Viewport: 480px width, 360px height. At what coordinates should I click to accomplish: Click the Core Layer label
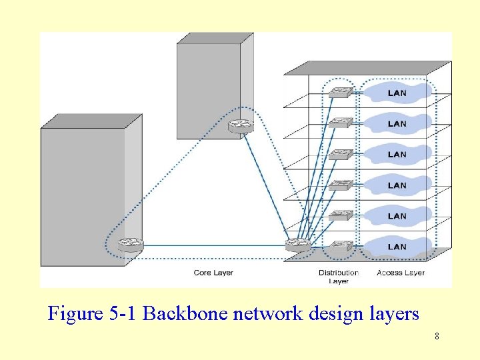[213, 273]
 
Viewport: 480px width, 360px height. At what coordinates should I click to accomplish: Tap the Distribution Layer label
[339, 277]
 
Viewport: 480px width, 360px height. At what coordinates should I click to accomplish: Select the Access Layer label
[400, 273]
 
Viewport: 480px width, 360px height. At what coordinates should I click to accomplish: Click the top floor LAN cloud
[397, 93]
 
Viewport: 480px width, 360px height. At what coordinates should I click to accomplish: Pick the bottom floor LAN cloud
[397, 247]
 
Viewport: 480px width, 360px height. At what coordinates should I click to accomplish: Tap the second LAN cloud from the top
[397, 123]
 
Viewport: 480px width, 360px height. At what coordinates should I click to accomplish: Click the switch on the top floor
[341, 92]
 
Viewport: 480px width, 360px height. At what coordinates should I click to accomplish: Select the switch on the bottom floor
[341, 245]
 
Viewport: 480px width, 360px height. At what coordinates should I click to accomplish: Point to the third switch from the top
[341, 153]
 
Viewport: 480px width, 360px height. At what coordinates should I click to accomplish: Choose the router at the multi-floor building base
[297, 245]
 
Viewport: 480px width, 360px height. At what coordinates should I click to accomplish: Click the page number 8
[437, 336]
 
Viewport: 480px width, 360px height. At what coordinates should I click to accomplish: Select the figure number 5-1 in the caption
[123, 313]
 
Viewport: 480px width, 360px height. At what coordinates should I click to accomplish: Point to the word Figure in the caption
[75, 314]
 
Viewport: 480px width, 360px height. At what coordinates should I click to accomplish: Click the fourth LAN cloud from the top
[397, 185]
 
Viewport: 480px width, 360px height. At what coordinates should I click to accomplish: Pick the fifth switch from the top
[341, 215]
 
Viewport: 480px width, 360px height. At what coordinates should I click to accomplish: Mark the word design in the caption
[339, 314]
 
